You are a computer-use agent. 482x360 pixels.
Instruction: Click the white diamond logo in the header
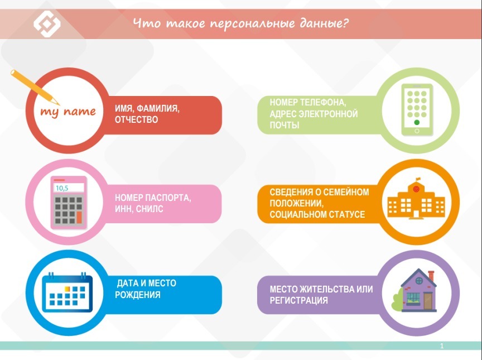(x=47, y=23)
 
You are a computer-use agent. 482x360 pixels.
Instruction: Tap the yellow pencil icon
(x=35, y=87)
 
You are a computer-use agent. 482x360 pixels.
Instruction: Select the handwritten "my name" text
(x=68, y=112)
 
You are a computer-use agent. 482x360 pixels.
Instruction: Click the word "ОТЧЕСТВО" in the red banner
(x=136, y=119)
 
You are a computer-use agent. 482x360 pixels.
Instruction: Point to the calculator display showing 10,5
(x=69, y=188)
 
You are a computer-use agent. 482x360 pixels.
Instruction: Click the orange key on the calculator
(x=79, y=217)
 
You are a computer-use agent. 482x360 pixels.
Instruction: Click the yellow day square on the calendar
(x=67, y=289)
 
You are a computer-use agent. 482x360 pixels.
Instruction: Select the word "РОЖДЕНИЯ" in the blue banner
(x=137, y=295)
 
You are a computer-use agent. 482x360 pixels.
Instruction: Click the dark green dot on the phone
(x=417, y=122)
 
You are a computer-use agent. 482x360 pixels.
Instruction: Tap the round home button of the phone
(x=417, y=131)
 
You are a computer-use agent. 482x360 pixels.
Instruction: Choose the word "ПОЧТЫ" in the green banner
(x=285, y=126)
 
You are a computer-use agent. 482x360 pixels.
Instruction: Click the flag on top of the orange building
(x=418, y=179)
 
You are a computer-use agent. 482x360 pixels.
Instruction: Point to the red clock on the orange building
(x=416, y=189)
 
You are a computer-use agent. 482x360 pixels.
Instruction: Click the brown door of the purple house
(x=427, y=301)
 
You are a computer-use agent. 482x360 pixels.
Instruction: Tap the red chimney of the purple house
(x=431, y=276)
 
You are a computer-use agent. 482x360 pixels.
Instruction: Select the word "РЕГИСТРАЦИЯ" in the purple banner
(x=298, y=300)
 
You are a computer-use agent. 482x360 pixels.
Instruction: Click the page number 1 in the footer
(x=442, y=346)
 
